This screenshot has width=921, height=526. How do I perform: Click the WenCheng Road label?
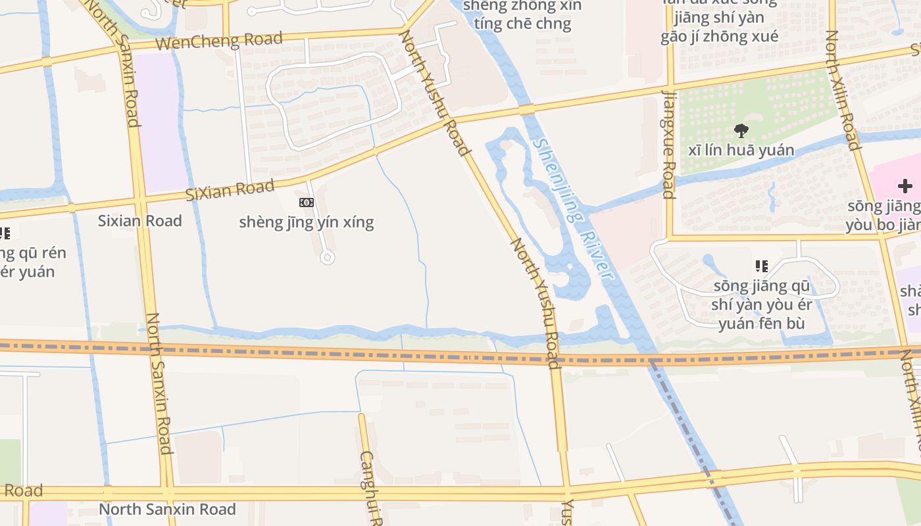(x=220, y=40)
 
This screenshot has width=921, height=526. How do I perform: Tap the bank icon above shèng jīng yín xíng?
(x=307, y=203)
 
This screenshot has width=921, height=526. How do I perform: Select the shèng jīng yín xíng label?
(x=307, y=222)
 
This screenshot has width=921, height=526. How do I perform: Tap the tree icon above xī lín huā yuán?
(x=741, y=130)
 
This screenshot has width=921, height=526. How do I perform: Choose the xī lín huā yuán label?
(x=741, y=150)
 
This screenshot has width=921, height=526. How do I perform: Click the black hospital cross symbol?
(x=905, y=186)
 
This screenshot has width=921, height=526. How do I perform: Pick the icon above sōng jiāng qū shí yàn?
(x=762, y=266)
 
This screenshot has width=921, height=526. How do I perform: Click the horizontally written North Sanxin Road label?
(x=167, y=510)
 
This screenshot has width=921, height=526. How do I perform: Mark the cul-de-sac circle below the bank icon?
(x=327, y=258)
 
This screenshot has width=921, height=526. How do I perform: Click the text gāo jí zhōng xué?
(x=720, y=36)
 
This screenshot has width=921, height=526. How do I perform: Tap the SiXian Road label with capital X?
(x=230, y=191)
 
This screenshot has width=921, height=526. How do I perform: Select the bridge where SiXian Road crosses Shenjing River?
(x=526, y=110)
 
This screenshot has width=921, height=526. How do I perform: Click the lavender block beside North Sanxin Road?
(x=157, y=122)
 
